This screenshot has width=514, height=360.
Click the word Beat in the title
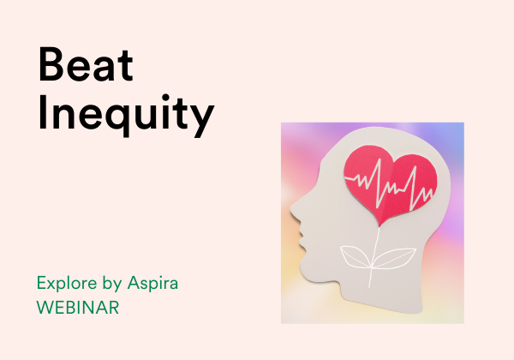[86, 64]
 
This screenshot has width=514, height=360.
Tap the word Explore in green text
[67, 283]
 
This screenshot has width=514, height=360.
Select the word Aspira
[152, 283]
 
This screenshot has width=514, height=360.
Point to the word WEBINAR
[78, 308]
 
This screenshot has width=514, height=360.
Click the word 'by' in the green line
[112, 284]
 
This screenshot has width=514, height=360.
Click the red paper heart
[390, 183]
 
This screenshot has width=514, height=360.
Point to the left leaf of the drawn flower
[356, 257]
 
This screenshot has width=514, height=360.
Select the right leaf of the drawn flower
[394, 259]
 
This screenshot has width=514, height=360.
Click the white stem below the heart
[374, 257]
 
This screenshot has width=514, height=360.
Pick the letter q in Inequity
[118, 117]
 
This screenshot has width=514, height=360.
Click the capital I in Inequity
[42, 112]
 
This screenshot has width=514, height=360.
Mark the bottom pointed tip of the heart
[380, 226]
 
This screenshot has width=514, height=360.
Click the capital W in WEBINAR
[44, 308]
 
